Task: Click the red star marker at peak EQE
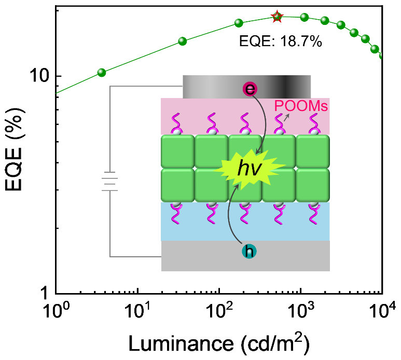277,17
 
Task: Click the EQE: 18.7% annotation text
281,41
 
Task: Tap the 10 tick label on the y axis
39,76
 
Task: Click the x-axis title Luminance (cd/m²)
219,343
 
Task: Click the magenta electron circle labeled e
250,89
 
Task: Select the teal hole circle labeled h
249,251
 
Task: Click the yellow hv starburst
249,169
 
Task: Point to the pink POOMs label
301,106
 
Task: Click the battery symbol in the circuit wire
109,181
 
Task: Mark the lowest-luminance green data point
102,73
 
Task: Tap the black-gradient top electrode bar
247,87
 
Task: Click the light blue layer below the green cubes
245,221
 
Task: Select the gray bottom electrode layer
245,256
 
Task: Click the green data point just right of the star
305,18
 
